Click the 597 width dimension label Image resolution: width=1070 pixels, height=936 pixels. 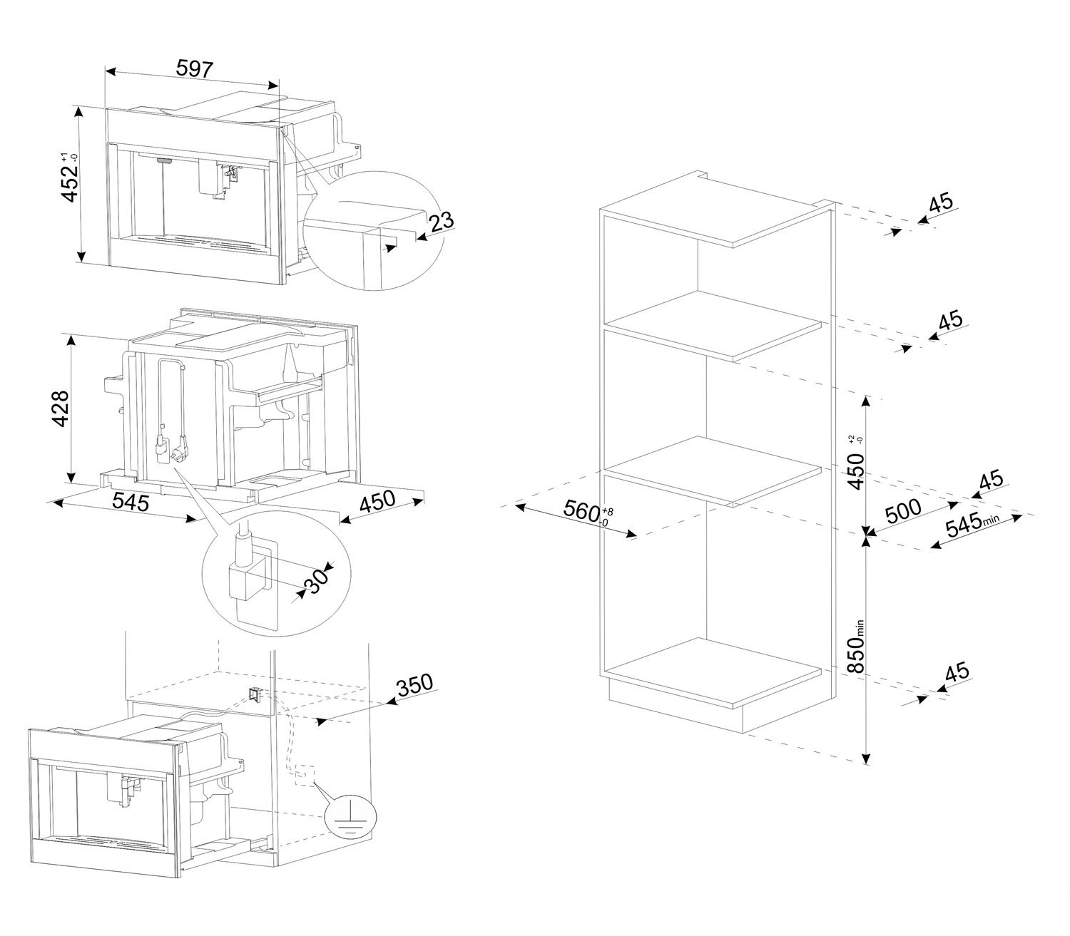pos(194,69)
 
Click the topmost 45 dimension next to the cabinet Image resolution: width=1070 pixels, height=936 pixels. pos(941,203)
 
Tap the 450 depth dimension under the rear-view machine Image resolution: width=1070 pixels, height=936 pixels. pos(377,503)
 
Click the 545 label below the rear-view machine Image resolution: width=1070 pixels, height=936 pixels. pos(130,502)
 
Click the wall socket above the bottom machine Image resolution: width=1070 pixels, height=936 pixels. pos(254,693)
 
